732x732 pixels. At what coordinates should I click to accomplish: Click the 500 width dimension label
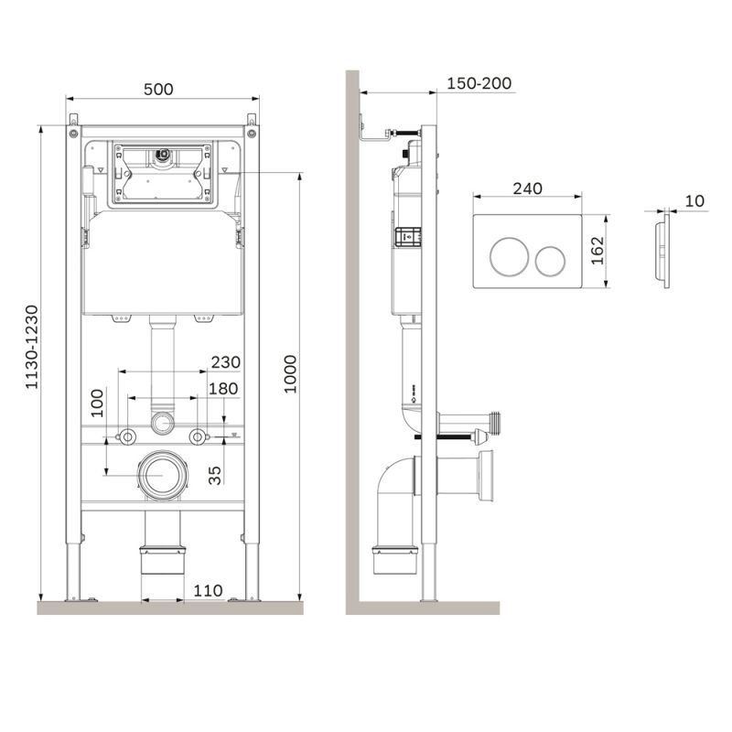[x=159, y=89]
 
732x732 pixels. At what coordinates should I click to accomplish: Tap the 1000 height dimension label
[x=291, y=373]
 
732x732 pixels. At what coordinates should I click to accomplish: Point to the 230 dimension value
[x=224, y=362]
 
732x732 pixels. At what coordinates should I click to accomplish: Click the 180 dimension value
[x=223, y=389]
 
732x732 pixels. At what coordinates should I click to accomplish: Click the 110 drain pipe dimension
[x=208, y=591]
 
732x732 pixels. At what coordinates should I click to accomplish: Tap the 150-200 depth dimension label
[x=479, y=83]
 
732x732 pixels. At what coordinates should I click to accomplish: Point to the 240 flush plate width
[x=527, y=188]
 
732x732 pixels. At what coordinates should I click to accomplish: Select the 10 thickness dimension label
[x=694, y=201]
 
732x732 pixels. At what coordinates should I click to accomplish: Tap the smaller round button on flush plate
[x=552, y=261]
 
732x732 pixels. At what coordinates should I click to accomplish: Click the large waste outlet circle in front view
[x=163, y=476]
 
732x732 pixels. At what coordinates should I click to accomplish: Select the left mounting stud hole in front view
[x=128, y=436]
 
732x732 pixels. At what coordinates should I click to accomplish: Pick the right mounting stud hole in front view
[x=197, y=436]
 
